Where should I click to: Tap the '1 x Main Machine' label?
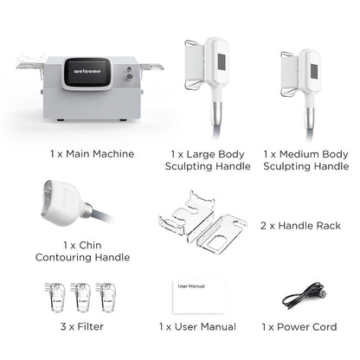point(91,154)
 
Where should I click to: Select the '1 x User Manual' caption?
point(197,327)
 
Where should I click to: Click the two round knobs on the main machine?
point(129,74)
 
